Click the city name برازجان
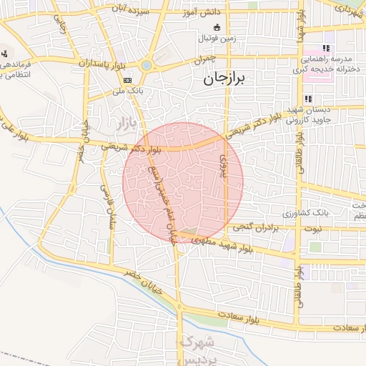pyautogui.click(x=229, y=78)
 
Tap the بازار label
pyautogui.click(x=119, y=124)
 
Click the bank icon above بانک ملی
pyautogui.click(x=127, y=80)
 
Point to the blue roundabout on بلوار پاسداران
pyautogui.click(x=147, y=65)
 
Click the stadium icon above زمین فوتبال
pyautogui.click(x=217, y=27)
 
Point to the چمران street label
pyautogui.click(x=204, y=61)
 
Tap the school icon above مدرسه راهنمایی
pyautogui.click(x=329, y=47)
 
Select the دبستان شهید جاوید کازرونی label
pyautogui.click(x=327, y=115)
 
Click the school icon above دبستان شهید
pyautogui.click(x=308, y=99)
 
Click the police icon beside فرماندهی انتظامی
pyautogui.click(x=5, y=54)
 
